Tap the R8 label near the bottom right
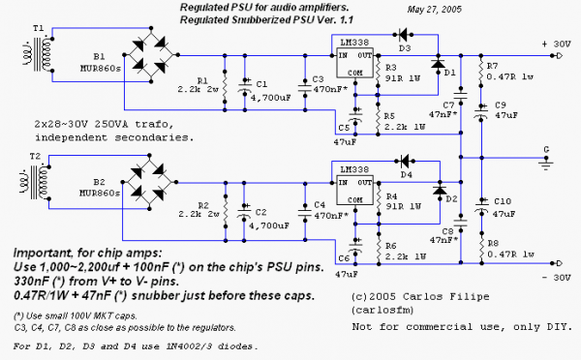pyautogui.click(x=493, y=243)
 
